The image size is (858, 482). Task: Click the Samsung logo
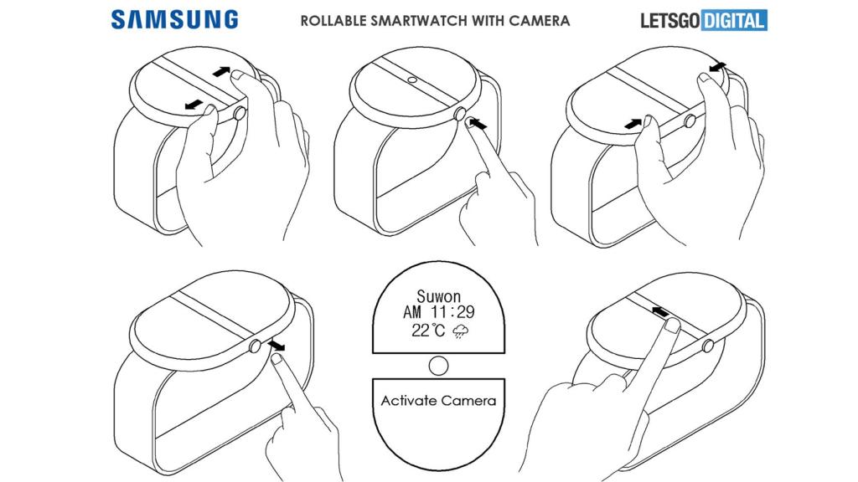(174, 19)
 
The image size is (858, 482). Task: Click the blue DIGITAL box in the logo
(733, 20)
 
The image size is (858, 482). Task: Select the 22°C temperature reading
(429, 331)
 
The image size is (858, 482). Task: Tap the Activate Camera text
(438, 400)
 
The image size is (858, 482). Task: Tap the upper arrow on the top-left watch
(220, 72)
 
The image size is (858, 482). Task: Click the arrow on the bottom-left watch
(277, 344)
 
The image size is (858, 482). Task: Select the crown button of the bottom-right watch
(709, 346)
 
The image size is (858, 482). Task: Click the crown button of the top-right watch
(691, 122)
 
